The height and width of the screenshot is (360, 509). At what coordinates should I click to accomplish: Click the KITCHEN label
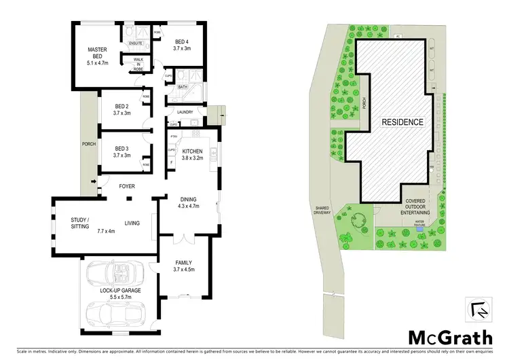click(193, 155)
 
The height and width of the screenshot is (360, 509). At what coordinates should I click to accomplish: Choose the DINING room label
click(188, 202)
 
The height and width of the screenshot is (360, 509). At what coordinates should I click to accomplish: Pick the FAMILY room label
click(183, 265)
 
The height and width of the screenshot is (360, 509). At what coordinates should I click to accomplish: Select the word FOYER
click(128, 184)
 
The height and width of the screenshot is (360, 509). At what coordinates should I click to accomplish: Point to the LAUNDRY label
click(185, 113)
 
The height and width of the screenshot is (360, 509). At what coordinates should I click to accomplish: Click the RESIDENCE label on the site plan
click(402, 122)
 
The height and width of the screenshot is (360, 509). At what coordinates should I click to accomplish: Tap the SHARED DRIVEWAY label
click(322, 211)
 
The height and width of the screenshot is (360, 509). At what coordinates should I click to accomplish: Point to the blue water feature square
click(420, 228)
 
